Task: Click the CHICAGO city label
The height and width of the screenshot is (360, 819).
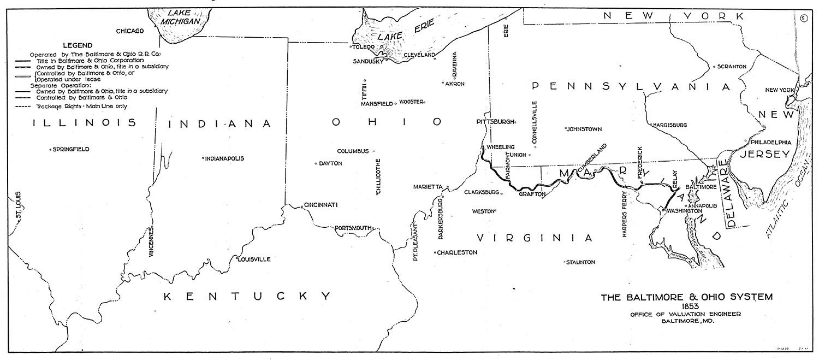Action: [129, 31]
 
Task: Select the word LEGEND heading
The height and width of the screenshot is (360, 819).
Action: [78, 45]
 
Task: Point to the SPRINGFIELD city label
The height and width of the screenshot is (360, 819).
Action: [70, 149]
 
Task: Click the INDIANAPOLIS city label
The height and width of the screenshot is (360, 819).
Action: [224, 158]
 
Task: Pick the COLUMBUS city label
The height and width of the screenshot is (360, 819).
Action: [353, 151]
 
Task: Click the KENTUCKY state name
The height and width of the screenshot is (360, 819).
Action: [248, 297]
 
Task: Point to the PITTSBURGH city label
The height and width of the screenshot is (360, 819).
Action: [495, 122]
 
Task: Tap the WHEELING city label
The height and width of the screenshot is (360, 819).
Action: [501, 147]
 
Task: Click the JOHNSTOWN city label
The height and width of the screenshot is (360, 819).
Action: [584, 129]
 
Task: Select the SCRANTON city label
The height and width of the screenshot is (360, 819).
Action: [731, 67]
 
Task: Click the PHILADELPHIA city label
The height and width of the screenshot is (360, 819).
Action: [770, 142]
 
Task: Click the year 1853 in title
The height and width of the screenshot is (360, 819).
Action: [686, 306]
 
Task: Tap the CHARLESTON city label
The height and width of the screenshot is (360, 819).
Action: [457, 252]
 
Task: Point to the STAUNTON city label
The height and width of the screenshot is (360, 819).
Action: [581, 262]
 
